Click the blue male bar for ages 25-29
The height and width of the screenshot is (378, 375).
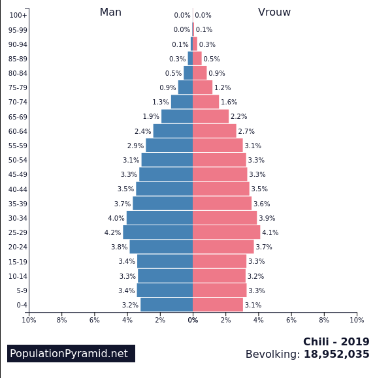(x=157, y=232)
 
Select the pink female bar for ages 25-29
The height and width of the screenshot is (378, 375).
(x=226, y=232)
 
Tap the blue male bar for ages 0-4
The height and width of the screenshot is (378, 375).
(x=167, y=305)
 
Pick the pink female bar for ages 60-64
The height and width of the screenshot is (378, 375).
(x=214, y=131)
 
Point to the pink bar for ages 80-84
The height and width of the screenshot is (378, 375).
(x=200, y=73)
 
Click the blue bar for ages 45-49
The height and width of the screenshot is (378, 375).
(x=166, y=174)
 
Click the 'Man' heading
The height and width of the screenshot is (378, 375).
(x=110, y=12)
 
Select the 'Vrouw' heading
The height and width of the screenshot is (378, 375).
(x=274, y=12)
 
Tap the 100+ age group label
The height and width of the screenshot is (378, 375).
(x=18, y=16)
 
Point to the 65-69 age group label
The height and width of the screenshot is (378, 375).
(x=18, y=117)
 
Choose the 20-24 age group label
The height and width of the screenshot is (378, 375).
(x=18, y=247)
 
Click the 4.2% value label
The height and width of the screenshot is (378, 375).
(x=112, y=233)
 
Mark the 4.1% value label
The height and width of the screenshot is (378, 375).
(x=270, y=233)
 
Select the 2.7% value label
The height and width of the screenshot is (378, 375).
(x=246, y=132)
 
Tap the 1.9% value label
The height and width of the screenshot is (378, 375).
(x=151, y=117)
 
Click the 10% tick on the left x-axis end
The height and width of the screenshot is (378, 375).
(x=29, y=320)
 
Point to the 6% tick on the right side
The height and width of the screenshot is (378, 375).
(x=291, y=320)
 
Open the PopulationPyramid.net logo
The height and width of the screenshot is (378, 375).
(x=71, y=354)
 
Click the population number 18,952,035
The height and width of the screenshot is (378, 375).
(x=336, y=354)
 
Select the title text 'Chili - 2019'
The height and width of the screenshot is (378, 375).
(x=336, y=342)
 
